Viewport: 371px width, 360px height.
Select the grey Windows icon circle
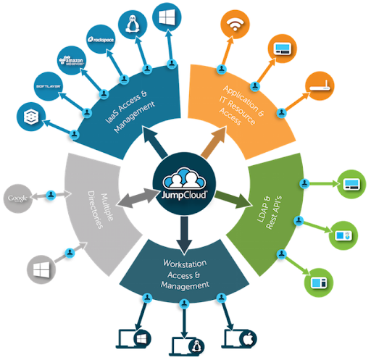coord(40,269)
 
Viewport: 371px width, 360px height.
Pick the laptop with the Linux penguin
coord(185,342)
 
